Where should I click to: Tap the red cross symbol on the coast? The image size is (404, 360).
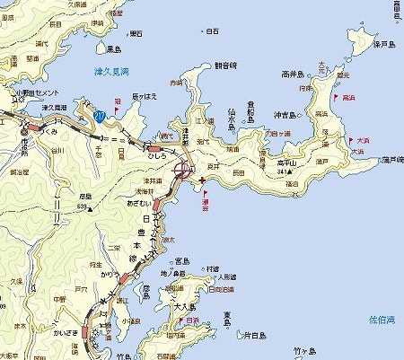coord(200,180)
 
